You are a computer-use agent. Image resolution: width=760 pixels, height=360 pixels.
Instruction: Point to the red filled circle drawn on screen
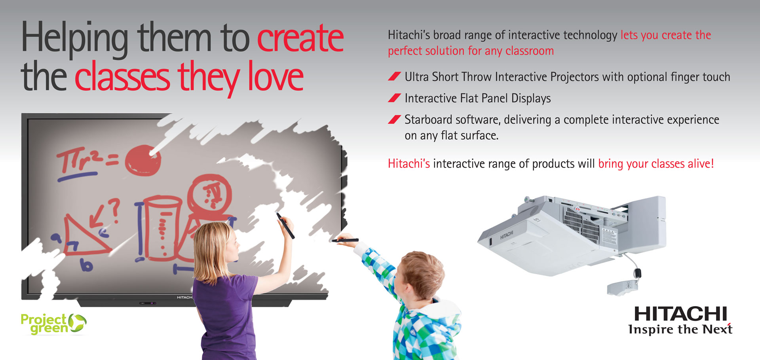(143, 160)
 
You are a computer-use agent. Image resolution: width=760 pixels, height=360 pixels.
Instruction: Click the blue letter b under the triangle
(86, 265)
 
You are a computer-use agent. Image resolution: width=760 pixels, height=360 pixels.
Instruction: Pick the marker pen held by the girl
(286, 226)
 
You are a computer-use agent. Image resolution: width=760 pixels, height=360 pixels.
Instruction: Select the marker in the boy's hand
(345, 240)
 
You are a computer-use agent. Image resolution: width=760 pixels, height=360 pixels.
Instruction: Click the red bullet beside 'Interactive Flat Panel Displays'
(394, 98)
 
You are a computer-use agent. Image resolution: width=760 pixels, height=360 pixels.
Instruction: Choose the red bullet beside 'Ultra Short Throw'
(394, 76)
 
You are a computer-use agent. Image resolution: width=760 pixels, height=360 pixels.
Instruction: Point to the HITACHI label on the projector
(507, 235)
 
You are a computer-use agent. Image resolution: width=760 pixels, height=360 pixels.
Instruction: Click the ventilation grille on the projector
(581, 225)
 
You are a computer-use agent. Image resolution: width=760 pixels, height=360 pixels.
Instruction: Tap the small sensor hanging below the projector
(624, 287)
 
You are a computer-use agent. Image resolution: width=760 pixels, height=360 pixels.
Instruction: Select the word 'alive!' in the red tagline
(701, 164)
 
